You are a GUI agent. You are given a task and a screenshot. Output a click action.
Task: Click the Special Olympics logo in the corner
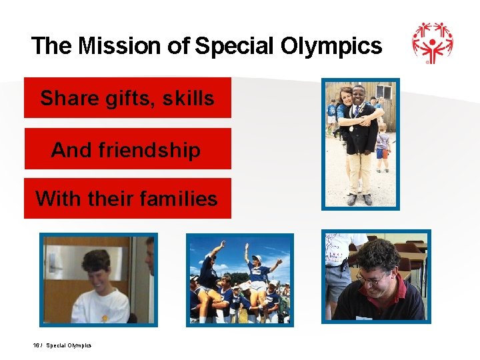click(432, 43)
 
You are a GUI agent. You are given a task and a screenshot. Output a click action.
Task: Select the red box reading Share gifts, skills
click(127, 98)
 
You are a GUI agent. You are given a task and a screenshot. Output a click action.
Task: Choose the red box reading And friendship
click(127, 149)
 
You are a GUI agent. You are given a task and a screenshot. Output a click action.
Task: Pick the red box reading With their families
click(127, 199)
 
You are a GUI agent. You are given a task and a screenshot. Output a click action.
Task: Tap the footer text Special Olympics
click(69, 345)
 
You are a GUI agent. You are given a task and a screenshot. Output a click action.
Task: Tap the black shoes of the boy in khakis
click(359, 199)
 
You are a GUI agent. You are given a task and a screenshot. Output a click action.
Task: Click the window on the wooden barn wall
click(384, 94)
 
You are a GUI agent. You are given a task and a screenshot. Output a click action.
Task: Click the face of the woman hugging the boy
click(346, 101)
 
